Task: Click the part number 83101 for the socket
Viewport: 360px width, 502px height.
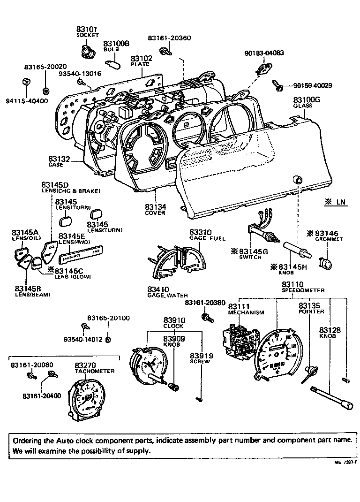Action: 87,29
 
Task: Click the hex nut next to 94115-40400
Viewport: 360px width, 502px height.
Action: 27,84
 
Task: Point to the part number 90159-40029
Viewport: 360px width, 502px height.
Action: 312,85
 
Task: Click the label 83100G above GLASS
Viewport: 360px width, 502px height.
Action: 307,100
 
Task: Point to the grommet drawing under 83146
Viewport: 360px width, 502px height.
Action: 324,264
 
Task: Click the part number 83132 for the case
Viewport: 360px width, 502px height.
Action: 59,160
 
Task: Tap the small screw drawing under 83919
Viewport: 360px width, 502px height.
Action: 198,399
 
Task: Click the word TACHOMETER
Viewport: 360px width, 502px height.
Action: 95,371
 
